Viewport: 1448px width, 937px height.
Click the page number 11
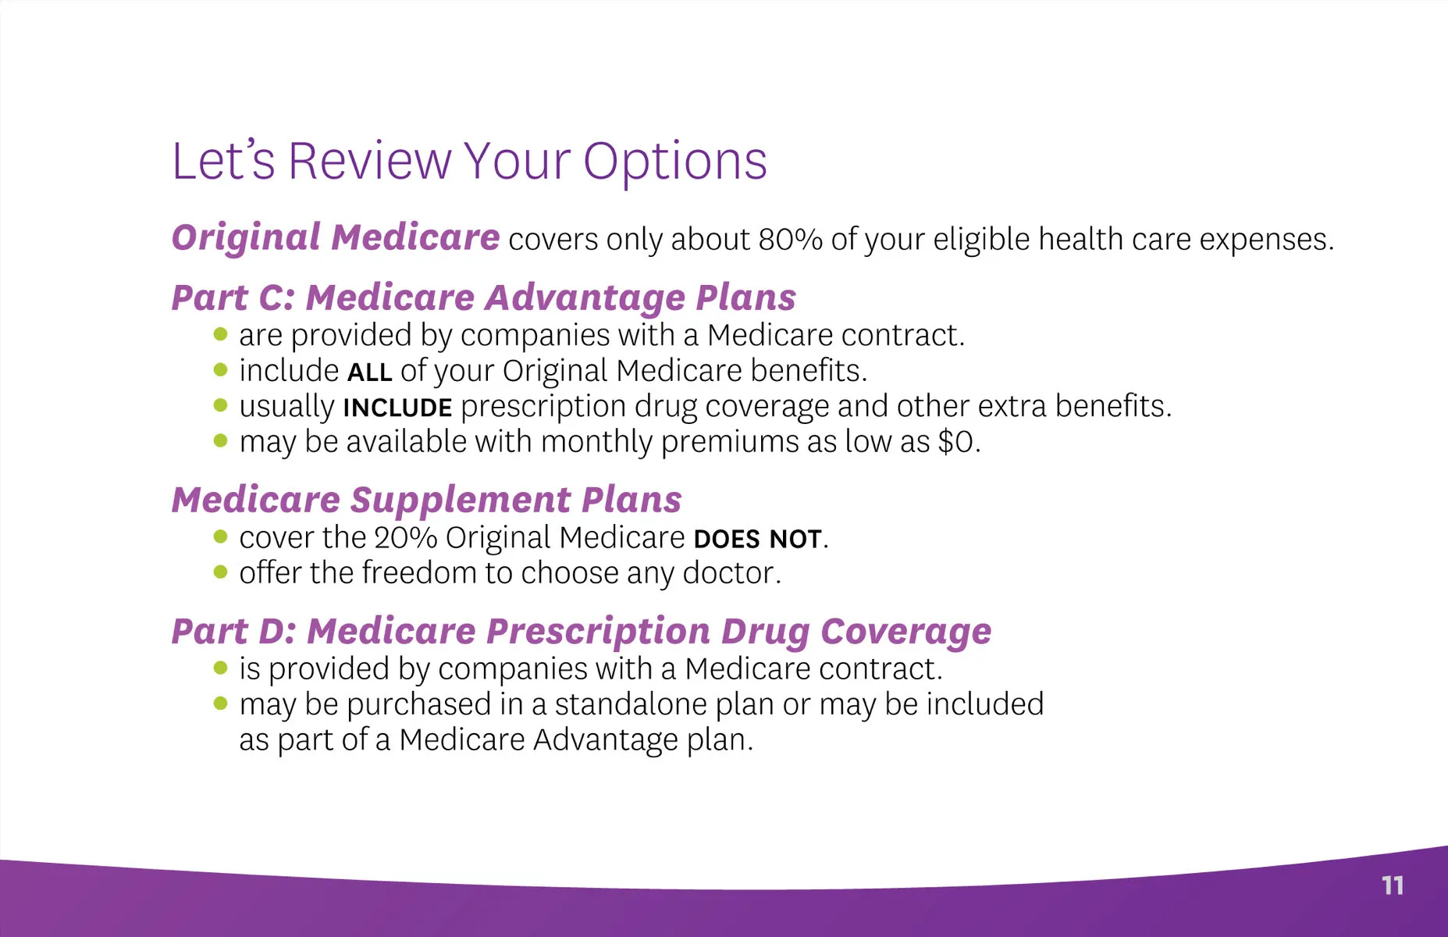point(1393,885)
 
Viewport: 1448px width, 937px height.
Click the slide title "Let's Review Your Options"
point(469,162)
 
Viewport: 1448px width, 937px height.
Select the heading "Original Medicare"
point(336,237)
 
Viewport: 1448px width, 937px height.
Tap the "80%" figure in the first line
point(790,239)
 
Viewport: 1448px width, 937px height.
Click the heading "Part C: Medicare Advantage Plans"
point(484,298)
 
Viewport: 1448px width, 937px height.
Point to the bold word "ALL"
point(369,372)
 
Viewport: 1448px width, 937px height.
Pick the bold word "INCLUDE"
point(397,408)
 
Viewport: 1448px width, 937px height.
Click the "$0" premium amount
point(955,443)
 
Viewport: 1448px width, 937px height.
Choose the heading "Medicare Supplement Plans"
point(427,501)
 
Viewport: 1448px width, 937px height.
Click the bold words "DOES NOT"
point(757,539)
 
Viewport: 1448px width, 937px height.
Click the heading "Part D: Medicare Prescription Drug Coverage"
point(582,632)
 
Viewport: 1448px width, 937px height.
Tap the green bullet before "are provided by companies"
point(220,335)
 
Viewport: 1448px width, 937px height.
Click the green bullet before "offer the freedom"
point(220,572)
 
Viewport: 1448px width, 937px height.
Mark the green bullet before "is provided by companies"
point(220,668)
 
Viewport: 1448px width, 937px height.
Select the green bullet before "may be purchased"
point(220,704)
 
